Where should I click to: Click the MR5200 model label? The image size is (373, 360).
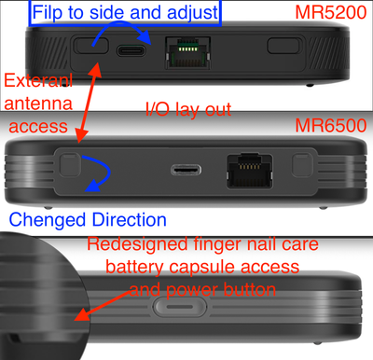tap(331, 12)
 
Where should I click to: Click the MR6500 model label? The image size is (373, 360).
tap(331, 126)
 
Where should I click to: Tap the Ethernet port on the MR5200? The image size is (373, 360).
tap(187, 52)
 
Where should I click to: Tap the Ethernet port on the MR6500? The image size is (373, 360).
tap(250, 171)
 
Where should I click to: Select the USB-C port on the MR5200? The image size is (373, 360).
tap(131, 50)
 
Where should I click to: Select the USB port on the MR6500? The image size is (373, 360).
tap(186, 170)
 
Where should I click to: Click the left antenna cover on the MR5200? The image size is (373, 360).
tap(91, 46)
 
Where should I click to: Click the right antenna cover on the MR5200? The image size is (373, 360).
tap(284, 46)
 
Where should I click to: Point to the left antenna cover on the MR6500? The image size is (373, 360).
tap(70, 164)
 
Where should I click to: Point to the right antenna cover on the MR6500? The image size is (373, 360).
tap(302, 164)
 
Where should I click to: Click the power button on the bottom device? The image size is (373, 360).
tap(180, 307)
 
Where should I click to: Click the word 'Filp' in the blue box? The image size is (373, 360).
tap(45, 12)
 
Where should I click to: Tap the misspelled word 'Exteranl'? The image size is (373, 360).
tap(38, 80)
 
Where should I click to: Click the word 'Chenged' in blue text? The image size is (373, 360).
tap(47, 220)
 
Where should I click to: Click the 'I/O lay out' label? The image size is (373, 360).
tap(188, 109)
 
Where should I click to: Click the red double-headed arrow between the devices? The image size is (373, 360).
tap(90, 103)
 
